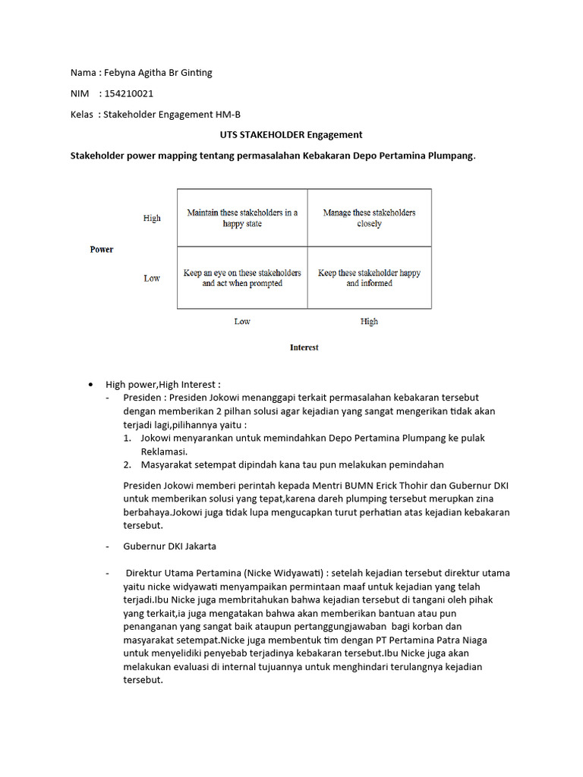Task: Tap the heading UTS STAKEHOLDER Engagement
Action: coord(291,134)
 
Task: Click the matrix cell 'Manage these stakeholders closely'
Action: coord(369,218)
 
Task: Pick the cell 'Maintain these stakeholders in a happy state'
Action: coord(242,218)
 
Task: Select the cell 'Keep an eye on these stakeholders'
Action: coord(242,278)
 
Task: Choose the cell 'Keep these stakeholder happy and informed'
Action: coord(369,278)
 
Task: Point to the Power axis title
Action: coord(102,249)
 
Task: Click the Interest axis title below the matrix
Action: coord(304,348)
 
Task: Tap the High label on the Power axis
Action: coord(152,219)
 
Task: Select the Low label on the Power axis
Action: coord(152,278)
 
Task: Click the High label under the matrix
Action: coord(369,322)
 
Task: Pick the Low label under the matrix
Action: coord(242,322)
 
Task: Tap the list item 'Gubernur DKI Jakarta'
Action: coord(170,546)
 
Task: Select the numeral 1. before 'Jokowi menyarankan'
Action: coord(127,438)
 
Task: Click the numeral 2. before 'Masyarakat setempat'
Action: coord(127,464)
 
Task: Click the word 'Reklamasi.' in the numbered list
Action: coord(164,451)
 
